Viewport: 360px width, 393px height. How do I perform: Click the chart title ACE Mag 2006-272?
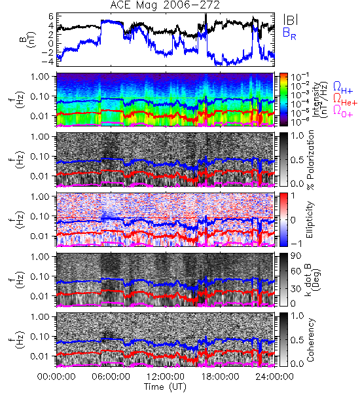coord(165,5)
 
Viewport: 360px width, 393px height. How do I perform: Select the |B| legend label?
coord(291,20)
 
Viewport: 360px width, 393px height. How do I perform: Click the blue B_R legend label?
coord(289,33)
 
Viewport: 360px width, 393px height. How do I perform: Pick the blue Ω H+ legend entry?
coord(343,88)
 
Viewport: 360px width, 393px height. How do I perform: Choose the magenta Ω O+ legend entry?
coord(343,111)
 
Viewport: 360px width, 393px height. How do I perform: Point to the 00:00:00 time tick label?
coord(56,377)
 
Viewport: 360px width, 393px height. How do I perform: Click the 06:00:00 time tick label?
coord(111,377)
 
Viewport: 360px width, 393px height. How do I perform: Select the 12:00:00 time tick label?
coord(166,377)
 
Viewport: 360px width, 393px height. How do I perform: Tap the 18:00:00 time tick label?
coord(220,377)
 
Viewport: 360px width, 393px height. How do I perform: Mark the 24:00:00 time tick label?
coord(274,377)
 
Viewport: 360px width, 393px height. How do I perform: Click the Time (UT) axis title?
coord(165,386)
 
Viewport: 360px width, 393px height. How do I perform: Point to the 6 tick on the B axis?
coord(51,16)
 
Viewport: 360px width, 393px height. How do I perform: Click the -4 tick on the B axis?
coord(48,62)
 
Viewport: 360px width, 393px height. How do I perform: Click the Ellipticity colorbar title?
coord(310,219)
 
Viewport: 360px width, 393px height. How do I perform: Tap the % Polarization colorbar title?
coord(310,160)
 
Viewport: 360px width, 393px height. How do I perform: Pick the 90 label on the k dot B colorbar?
coord(296,256)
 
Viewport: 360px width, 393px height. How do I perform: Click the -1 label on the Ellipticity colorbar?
coord(295,244)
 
